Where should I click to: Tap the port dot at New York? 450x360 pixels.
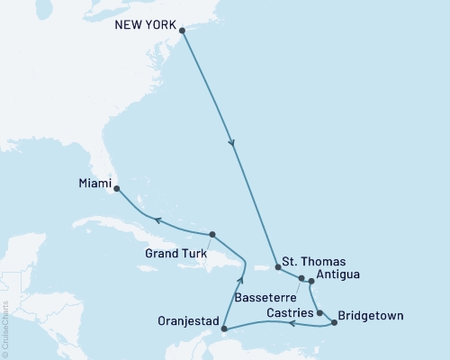183,31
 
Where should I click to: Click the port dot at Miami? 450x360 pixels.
117,189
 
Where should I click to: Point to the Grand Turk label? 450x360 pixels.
175,253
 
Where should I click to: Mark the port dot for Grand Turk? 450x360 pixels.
211,235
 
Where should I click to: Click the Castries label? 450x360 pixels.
290,312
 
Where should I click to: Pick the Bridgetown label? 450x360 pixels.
372,316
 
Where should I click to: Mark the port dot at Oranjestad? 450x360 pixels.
223,329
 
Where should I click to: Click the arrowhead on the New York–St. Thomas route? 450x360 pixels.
234,142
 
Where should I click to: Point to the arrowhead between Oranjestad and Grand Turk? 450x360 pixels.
240,281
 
